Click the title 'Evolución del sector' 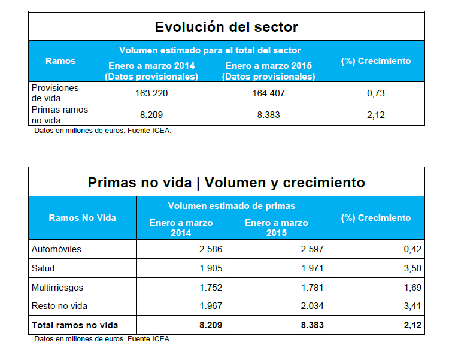click(x=226, y=27)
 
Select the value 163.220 click(x=151, y=93)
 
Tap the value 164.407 click(x=268, y=93)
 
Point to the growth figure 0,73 click(x=375, y=93)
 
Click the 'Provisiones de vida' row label click(x=55, y=92)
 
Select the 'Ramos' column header click(x=60, y=60)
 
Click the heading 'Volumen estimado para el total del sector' click(x=210, y=50)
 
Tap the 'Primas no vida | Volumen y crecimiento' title click(x=226, y=182)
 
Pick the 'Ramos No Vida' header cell click(x=83, y=218)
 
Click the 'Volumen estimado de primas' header click(x=232, y=206)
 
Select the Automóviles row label click(x=56, y=249)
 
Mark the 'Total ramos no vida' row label click(x=75, y=325)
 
